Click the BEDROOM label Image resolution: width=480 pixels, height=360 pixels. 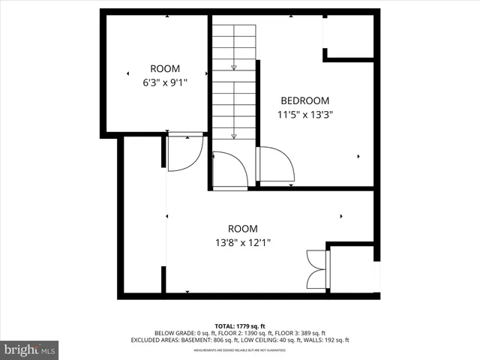pyautogui.click(x=304, y=100)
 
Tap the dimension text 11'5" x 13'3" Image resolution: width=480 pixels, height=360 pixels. pyautogui.click(x=304, y=115)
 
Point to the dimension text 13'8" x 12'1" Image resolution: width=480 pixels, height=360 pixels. pyautogui.click(x=242, y=242)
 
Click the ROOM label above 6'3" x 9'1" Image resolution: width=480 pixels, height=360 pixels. pyautogui.click(x=165, y=68)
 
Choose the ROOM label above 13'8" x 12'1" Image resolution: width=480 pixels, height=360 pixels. pyautogui.click(x=242, y=229)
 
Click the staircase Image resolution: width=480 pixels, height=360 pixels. pyautogui.click(x=234, y=82)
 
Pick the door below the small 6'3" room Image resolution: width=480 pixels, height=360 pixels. pyautogui.click(x=184, y=153)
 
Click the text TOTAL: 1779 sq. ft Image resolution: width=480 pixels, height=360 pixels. pyautogui.click(x=240, y=325)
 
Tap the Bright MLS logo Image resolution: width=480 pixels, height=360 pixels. pyautogui.click(x=30, y=349)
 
